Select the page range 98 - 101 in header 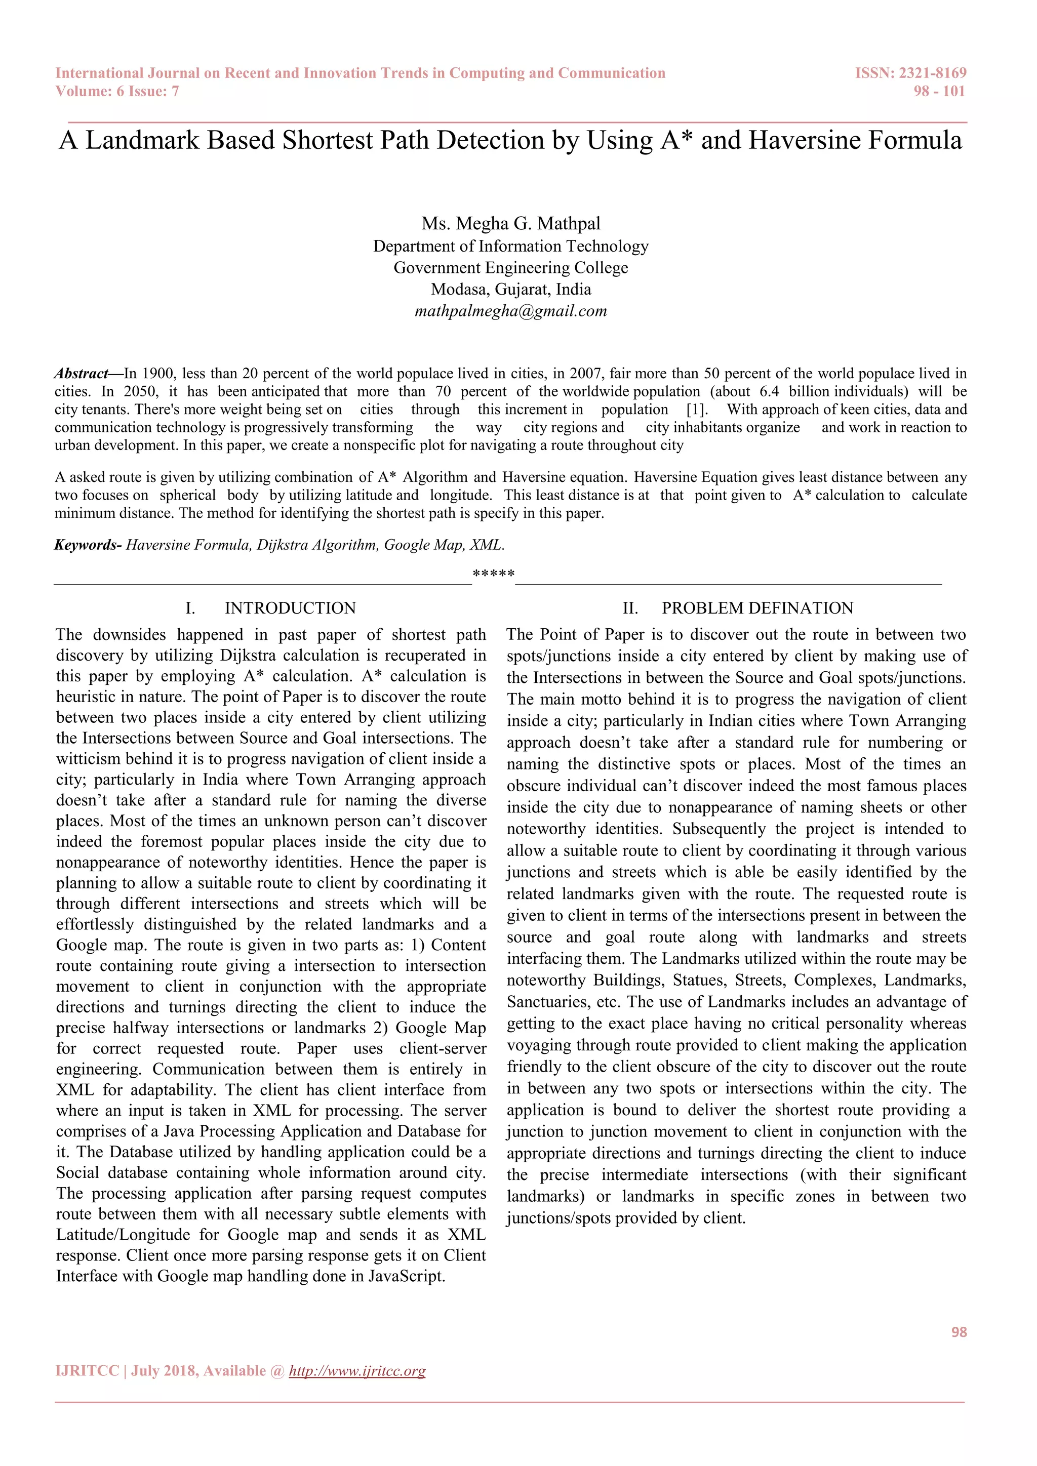[x=939, y=91]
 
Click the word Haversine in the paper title [x=803, y=140]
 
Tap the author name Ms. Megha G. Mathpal [x=511, y=223]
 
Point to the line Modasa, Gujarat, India [x=511, y=289]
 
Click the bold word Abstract [x=81, y=374]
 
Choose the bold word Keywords [x=86, y=545]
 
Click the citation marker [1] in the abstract [x=697, y=410]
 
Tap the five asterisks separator [x=494, y=574]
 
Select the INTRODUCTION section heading [x=290, y=608]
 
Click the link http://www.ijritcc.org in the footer [x=357, y=1371]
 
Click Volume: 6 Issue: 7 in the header [x=117, y=91]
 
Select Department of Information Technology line [x=511, y=247]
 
